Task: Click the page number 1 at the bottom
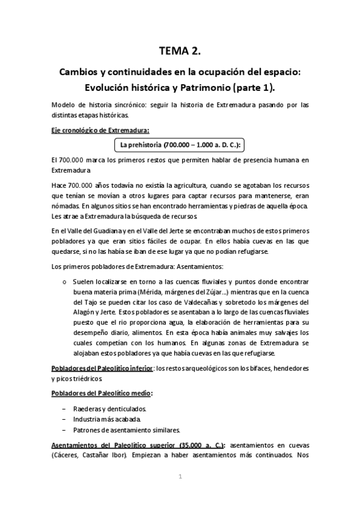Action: click(180, 477)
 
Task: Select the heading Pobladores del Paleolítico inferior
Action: click(102, 367)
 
